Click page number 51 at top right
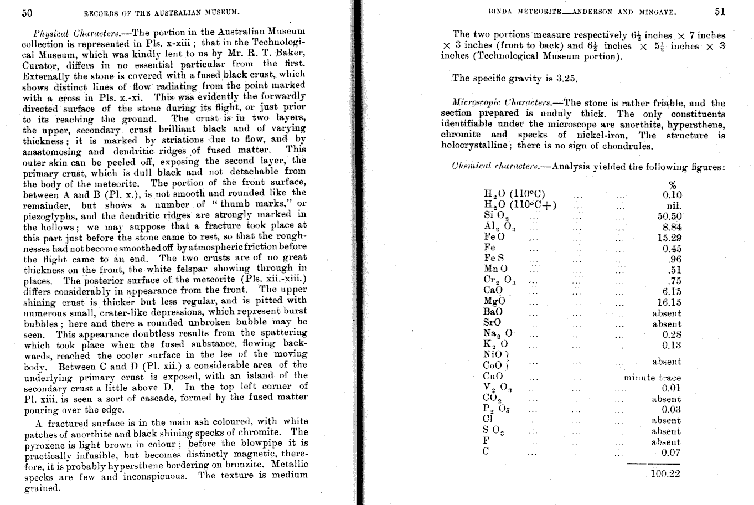point(719,11)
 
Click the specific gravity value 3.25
point(566,78)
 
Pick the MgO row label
point(494,302)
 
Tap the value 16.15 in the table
point(669,302)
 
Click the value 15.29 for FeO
point(669,238)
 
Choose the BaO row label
point(493,313)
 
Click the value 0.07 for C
point(671,453)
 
